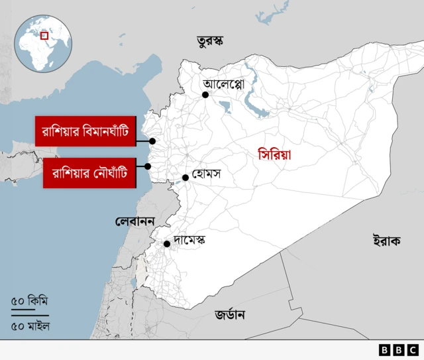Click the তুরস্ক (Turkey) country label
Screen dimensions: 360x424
(x=209, y=41)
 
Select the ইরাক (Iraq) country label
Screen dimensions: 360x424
(x=386, y=240)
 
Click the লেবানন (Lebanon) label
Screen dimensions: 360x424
(x=134, y=220)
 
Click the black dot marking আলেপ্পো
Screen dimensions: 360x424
(x=205, y=95)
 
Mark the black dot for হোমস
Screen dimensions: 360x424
(x=185, y=177)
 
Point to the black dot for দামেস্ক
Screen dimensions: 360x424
(x=167, y=243)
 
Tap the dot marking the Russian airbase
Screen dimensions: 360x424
(x=152, y=141)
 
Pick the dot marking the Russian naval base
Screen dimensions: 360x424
(x=148, y=166)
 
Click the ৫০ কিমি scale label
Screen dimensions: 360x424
(x=30, y=301)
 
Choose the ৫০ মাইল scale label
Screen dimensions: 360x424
(x=30, y=326)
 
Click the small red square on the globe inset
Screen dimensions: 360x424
(x=44, y=35)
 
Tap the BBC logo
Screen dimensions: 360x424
(x=398, y=349)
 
